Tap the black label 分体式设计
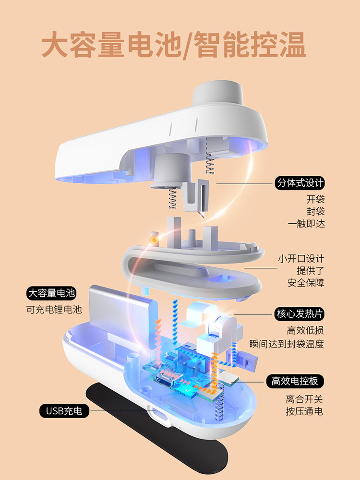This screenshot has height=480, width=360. coord(300,183)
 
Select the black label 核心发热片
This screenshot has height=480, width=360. coord(300,314)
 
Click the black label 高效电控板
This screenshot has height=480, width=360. coord(295,382)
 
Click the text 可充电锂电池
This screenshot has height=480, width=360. coord(54,310)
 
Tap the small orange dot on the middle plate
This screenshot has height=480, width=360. coord(154,239)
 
